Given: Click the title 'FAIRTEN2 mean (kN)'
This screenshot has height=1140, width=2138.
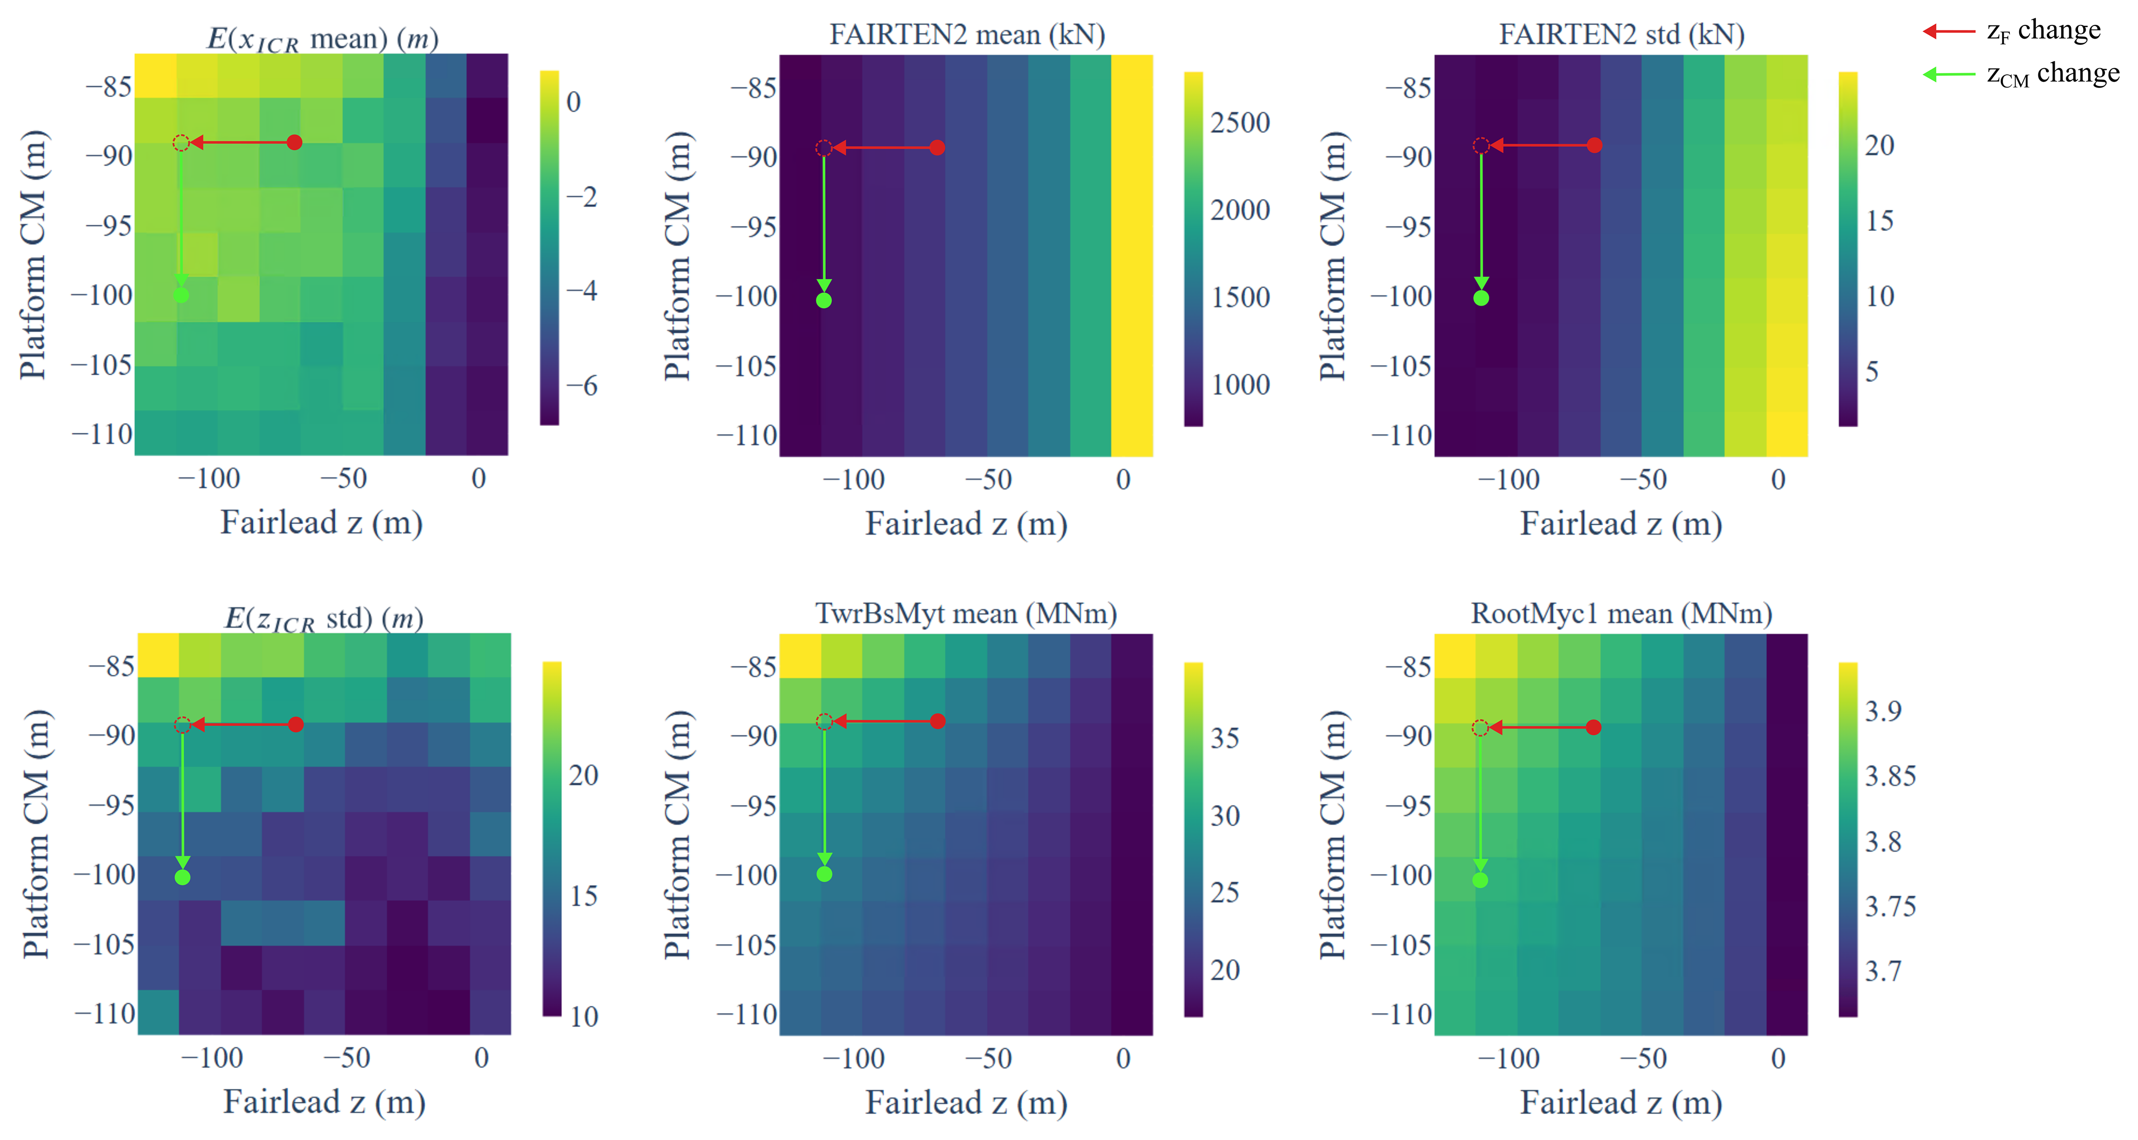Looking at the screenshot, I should coord(967,35).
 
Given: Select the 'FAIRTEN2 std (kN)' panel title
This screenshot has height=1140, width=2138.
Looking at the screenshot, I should coord(1621,35).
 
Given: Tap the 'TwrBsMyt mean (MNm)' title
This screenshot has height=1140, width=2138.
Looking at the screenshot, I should coord(966,614).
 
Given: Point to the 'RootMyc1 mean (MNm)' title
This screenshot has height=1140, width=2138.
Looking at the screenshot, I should coord(1621,614).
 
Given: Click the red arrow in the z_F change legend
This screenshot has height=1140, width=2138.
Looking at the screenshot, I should coord(1949,32).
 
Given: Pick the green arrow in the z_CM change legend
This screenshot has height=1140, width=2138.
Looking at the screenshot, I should coord(1949,75).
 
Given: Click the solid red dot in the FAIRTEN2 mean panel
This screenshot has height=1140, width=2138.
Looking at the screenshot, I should coord(937,148).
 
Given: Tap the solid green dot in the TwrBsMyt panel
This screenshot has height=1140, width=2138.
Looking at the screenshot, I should coord(824,874).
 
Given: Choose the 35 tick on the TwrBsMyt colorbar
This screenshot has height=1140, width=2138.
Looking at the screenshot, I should coord(1225,738).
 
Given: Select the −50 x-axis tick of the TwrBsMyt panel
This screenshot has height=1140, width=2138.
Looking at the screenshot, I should coord(988,1059).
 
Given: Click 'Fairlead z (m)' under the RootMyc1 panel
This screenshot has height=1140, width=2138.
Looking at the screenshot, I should coord(1621,1103).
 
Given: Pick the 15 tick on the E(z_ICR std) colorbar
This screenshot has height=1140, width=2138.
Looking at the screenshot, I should coord(584,896).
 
